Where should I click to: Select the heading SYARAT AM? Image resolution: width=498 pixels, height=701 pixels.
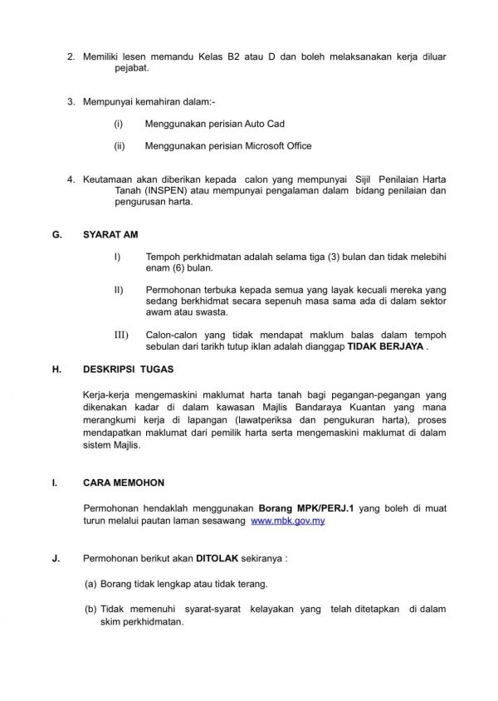click(x=110, y=235)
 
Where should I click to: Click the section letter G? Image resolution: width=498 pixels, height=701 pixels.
click(x=56, y=235)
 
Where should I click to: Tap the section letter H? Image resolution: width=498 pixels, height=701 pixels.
click(x=56, y=365)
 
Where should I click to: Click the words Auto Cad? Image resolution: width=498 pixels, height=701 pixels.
click(x=265, y=123)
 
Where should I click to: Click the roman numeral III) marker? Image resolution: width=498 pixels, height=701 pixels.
click(x=120, y=334)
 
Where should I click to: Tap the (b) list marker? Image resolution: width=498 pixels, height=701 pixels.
click(x=90, y=610)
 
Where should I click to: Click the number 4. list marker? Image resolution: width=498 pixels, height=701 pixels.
click(x=71, y=178)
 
